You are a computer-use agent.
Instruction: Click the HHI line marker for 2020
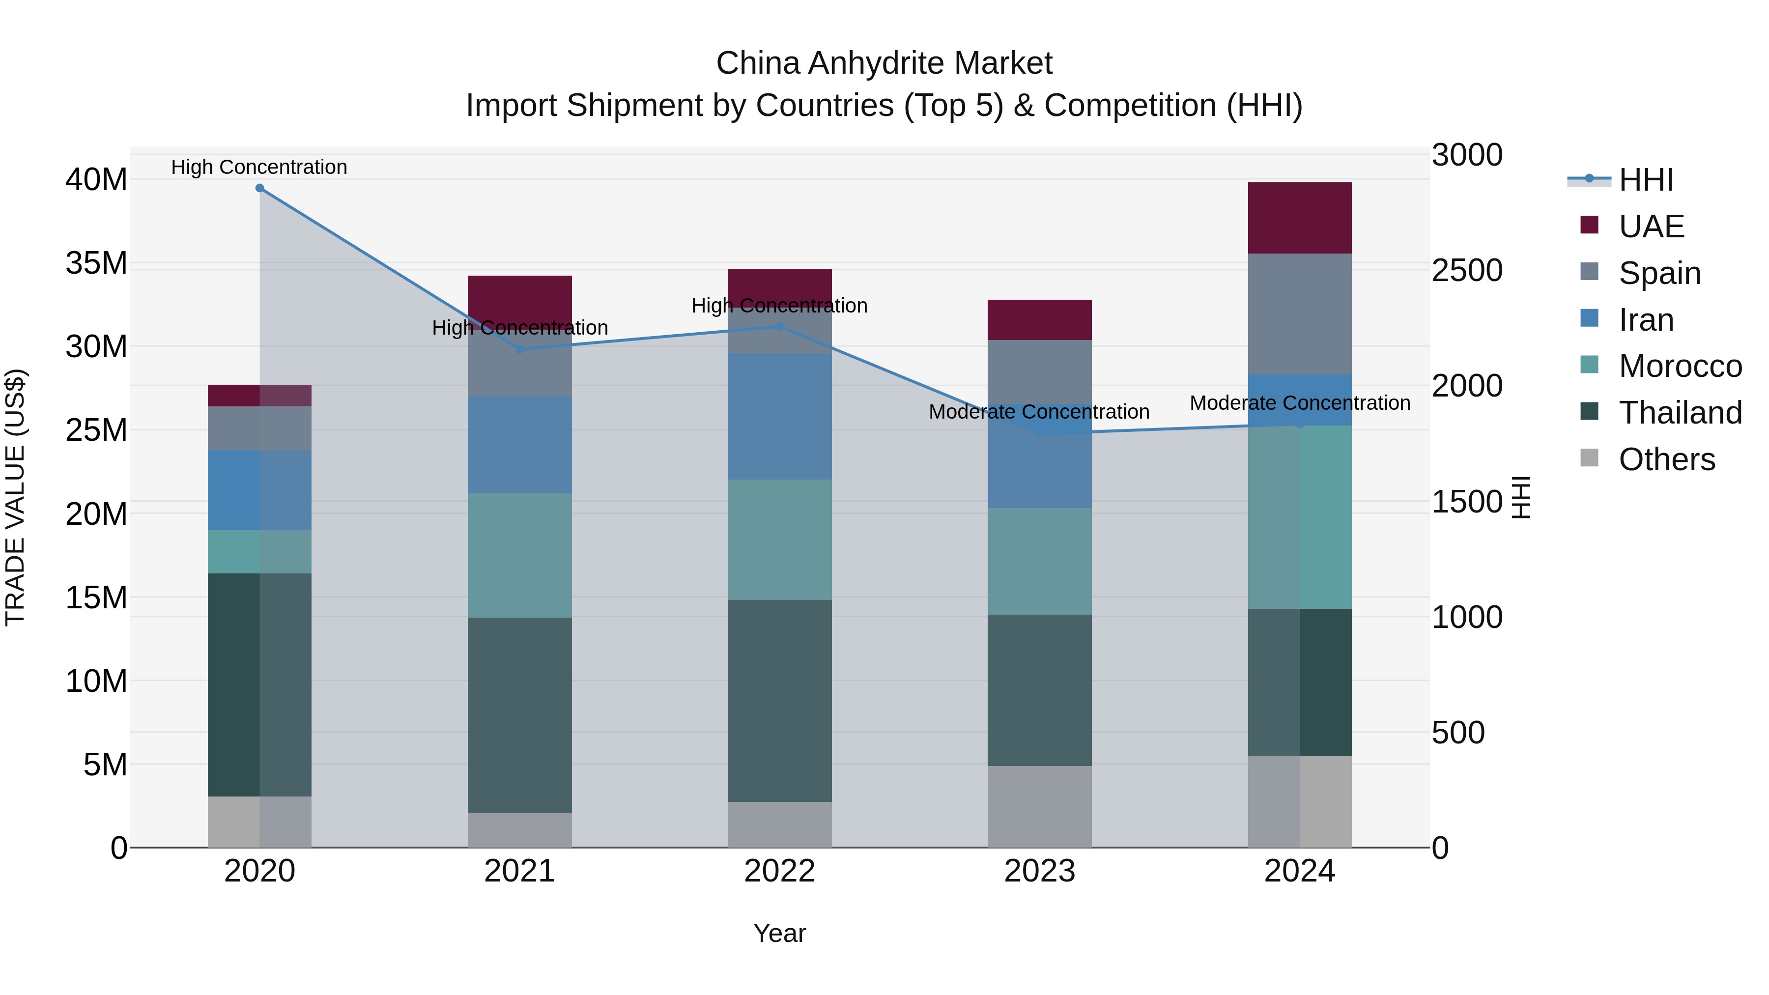259,188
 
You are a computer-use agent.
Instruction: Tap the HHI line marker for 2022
779,327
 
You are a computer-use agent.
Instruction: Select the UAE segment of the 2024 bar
1299,218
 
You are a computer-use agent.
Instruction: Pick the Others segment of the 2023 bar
1040,806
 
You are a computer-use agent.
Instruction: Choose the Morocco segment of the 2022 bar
779,540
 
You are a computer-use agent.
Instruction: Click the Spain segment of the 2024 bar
1299,314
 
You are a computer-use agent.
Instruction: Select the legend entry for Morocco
1679,366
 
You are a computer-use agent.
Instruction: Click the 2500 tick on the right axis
1467,271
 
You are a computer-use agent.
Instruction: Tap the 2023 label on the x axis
1040,871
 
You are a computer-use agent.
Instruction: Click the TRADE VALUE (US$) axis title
16,497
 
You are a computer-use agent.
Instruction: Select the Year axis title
779,933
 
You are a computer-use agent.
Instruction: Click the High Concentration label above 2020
259,168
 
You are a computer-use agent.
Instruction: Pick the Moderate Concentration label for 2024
1299,403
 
